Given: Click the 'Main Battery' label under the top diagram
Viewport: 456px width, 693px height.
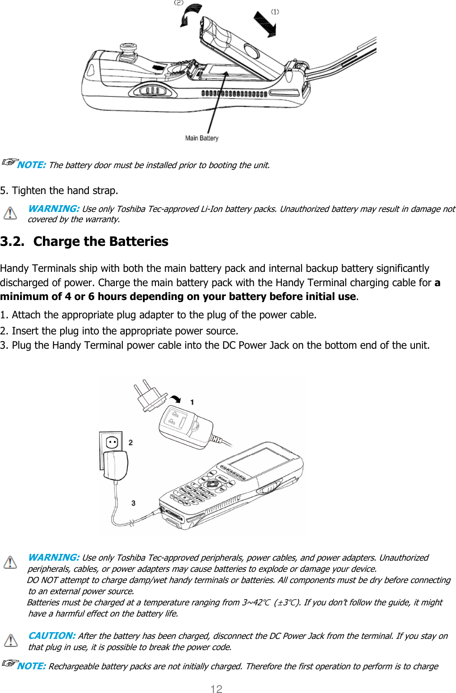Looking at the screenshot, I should click(201, 138).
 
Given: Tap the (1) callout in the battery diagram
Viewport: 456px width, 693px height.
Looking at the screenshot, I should click(275, 12).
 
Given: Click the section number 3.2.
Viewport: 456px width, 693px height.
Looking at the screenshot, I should click(12, 241).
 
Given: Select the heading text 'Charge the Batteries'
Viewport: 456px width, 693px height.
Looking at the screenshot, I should click(100, 241).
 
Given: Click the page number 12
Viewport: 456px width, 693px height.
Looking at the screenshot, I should click(216, 689).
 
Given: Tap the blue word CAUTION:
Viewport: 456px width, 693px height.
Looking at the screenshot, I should click(51, 636).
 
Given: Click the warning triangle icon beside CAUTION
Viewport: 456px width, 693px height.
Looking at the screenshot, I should click(10, 640).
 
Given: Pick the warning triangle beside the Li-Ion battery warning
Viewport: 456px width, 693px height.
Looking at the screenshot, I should click(10, 213).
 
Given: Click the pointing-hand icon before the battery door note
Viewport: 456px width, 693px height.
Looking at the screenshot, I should click(9, 162).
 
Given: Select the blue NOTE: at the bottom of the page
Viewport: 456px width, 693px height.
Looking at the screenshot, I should click(31, 666).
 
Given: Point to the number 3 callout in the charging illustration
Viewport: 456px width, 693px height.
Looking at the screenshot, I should click(133, 503).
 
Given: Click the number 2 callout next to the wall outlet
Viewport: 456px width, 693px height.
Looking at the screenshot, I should click(130, 442).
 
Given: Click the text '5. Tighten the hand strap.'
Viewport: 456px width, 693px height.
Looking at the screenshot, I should click(59, 190).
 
